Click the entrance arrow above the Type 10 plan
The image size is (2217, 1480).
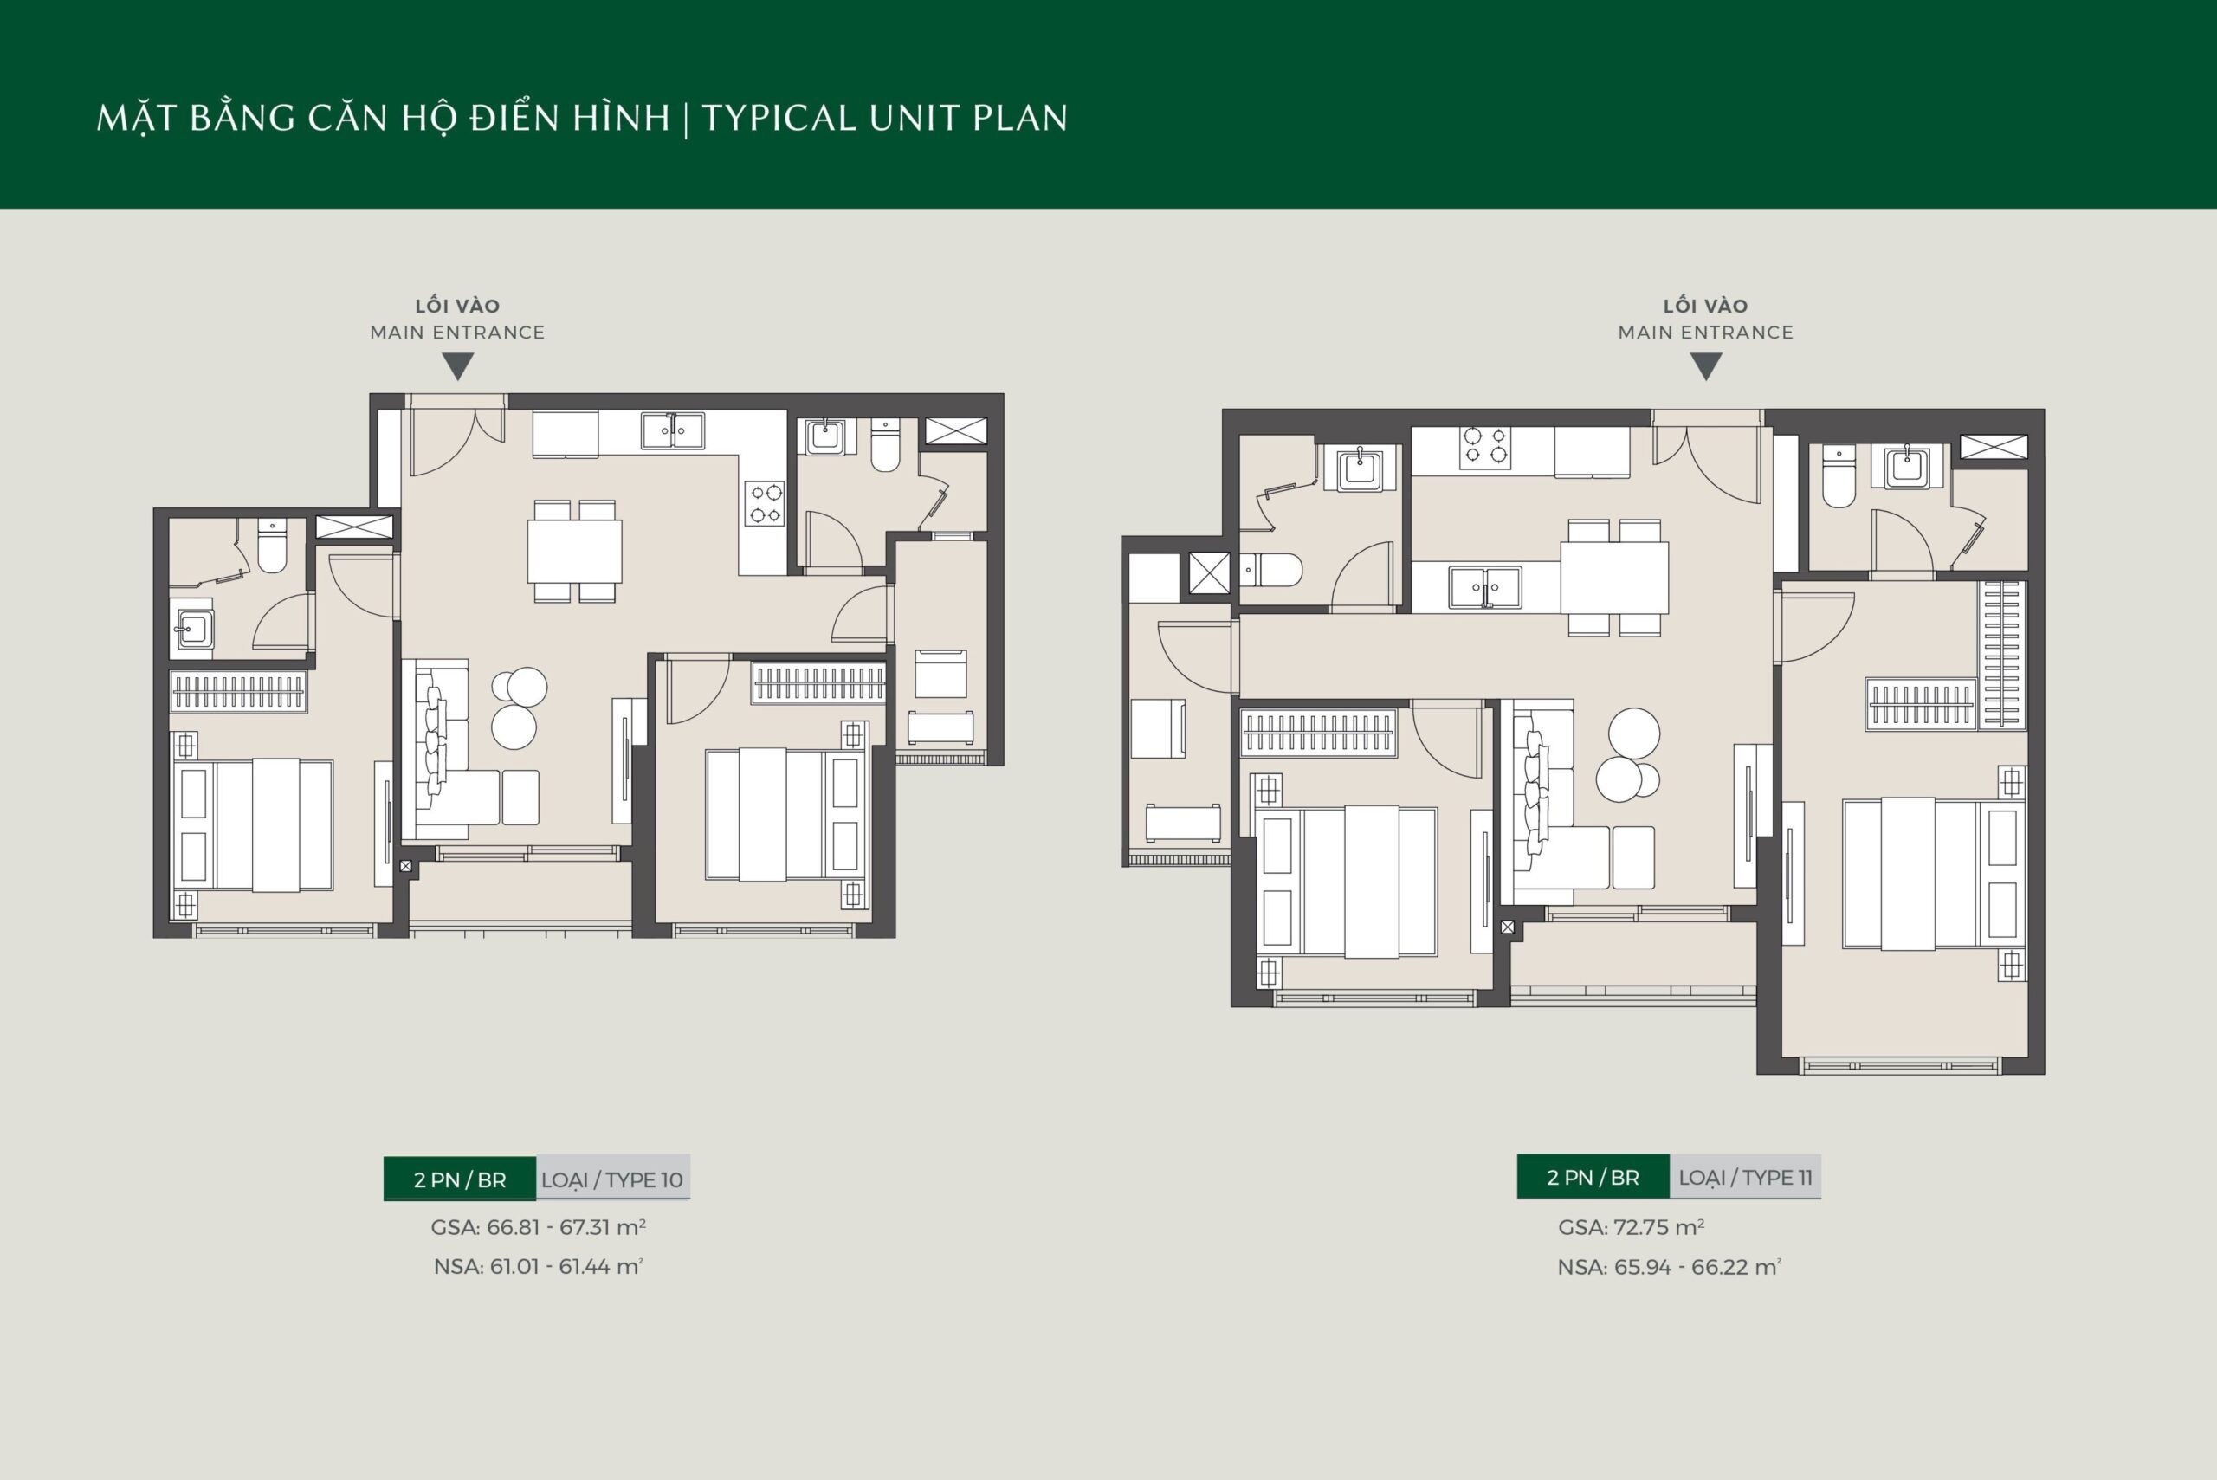click(x=458, y=365)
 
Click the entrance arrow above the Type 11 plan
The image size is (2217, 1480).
click(x=1705, y=365)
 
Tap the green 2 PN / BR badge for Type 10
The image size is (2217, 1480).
click(x=460, y=1179)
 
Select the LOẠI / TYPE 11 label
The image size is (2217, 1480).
click(x=1745, y=1177)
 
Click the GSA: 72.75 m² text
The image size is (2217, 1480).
click(x=1631, y=1227)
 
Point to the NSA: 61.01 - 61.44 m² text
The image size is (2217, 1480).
click(x=538, y=1266)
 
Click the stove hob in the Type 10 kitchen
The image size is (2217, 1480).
click(x=765, y=503)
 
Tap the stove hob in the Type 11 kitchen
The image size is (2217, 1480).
click(x=1483, y=447)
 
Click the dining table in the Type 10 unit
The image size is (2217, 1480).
click(x=574, y=552)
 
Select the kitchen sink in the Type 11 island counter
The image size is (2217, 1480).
click(x=1485, y=586)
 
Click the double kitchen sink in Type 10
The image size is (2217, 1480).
click(x=673, y=430)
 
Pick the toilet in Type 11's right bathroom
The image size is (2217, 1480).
click(x=1839, y=475)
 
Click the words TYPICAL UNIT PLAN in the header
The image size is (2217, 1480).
click(x=884, y=118)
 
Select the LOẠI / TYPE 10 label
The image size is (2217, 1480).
click(x=611, y=1179)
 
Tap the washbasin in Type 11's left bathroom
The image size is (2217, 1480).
click(x=1359, y=470)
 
